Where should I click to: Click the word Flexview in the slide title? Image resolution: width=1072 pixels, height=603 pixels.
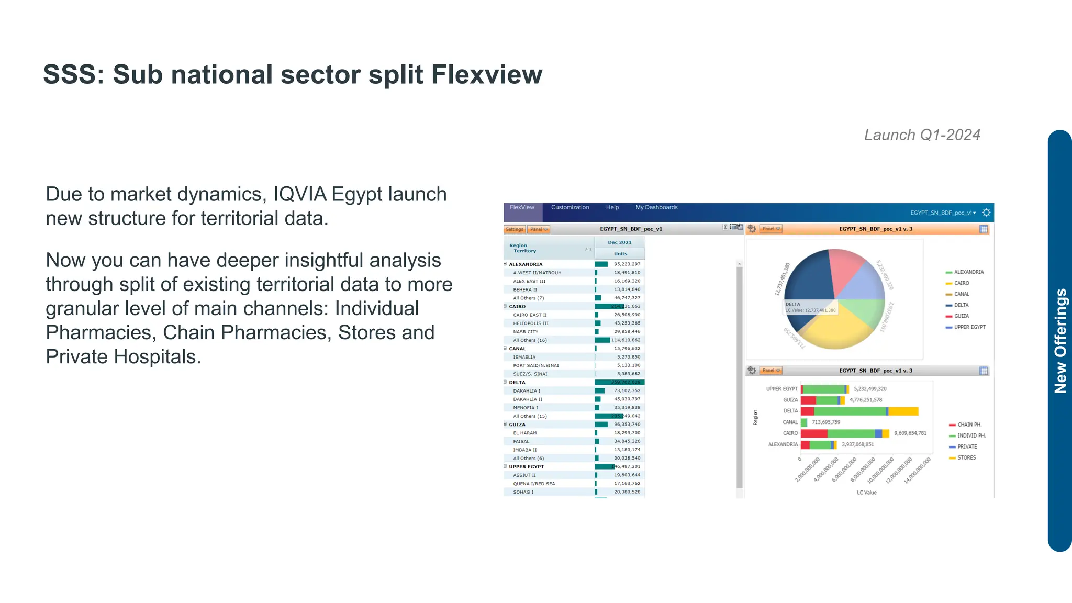tap(486, 75)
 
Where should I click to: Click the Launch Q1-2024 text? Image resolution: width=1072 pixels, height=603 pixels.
tap(922, 135)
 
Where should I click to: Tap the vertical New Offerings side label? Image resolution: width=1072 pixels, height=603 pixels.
tap(1060, 341)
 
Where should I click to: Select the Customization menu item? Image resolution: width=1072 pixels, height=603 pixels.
tap(569, 208)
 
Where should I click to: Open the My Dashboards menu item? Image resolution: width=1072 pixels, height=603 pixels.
tap(656, 208)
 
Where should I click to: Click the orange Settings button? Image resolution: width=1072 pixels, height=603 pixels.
tap(514, 229)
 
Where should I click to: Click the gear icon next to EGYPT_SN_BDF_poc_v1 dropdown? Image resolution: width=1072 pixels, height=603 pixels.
tap(986, 213)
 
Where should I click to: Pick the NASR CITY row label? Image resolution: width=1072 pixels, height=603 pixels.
tap(526, 332)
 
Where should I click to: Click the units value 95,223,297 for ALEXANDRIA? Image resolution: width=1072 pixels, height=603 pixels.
tap(627, 264)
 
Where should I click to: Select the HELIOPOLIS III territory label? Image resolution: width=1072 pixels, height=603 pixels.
tap(531, 323)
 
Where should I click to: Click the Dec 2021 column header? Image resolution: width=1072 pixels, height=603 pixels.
tap(619, 242)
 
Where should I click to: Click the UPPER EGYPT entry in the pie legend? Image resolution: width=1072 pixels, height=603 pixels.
tap(969, 327)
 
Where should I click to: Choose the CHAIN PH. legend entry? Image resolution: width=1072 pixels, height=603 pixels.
tap(969, 425)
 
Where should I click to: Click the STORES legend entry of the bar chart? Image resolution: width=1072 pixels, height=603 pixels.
tap(966, 457)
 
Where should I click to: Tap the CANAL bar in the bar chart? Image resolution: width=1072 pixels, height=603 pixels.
tap(804, 422)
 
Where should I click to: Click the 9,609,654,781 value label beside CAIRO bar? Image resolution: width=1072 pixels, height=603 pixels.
tap(910, 433)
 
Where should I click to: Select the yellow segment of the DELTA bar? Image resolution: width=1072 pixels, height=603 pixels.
tap(903, 411)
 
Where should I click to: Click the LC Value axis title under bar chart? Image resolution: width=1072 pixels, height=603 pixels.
tap(866, 493)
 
